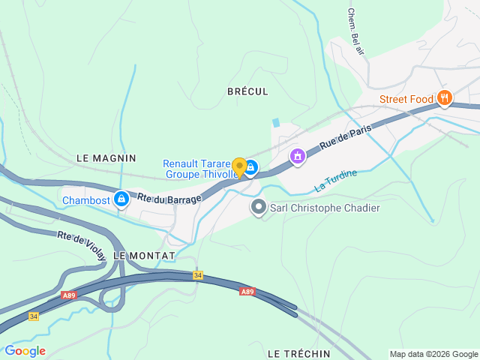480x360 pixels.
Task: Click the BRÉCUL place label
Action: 247,91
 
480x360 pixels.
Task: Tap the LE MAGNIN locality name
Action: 106,158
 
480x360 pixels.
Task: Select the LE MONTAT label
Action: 144,256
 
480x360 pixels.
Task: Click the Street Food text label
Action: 406,99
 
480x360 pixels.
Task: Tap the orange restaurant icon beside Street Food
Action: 445,97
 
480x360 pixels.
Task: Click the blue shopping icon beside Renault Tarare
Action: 251,168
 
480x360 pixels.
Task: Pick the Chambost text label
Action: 85,200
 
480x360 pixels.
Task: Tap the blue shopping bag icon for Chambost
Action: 121,199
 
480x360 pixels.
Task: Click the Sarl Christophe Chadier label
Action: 325,208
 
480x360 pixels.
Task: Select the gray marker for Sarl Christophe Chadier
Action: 259,206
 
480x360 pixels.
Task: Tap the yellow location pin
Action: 239,167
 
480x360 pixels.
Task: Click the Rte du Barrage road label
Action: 169,199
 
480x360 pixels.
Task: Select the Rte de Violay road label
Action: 82,245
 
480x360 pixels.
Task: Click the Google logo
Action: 25,351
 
